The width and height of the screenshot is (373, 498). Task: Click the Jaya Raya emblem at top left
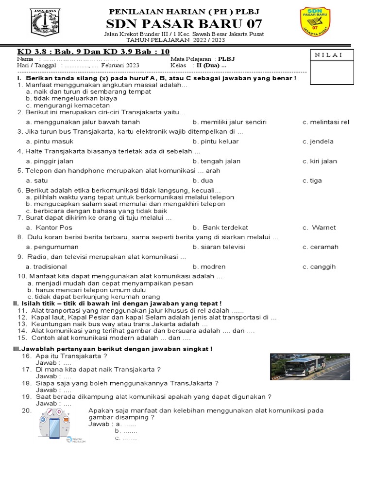45,22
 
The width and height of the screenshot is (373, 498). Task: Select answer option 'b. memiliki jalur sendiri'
229,122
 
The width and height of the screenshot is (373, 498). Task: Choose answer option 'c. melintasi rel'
325,122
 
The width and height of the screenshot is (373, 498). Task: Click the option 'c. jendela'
318,142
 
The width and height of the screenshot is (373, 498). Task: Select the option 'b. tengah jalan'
216,161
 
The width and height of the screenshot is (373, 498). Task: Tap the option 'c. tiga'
312,180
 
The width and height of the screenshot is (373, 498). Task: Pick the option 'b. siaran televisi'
219,247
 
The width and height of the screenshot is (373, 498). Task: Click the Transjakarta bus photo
309,367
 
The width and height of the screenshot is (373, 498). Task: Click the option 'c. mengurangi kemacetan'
68,105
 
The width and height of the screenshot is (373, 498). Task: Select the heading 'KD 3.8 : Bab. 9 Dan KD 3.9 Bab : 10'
93,52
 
